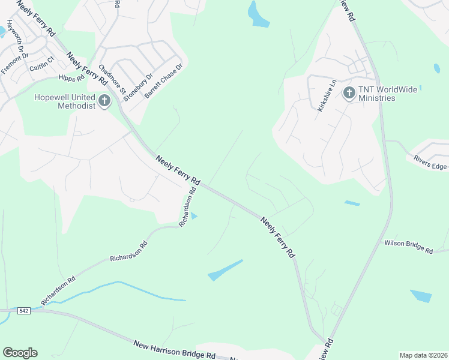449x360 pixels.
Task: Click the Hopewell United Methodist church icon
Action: pyautogui.click(x=104, y=101)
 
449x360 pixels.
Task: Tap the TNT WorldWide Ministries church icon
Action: pyautogui.click(x=349, y=93)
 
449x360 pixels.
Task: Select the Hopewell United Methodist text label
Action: pyautogui.click(x=65, y=101)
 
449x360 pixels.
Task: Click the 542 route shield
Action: pyautogui.click(x=23, y=311)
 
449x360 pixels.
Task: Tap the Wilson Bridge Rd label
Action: pyautogui.click(x=409, y=247)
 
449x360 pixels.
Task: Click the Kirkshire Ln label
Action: pyautogui.click(x=326, y=95)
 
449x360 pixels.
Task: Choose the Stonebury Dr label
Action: pyautogui.click(x=141, y=86)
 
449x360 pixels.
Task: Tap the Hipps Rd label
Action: pyautogui.click(x=71, y=78)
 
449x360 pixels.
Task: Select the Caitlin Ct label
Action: pyautogui.click(x=42, y=64)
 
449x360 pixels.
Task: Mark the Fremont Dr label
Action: pyautogui.click(x=15, y=64)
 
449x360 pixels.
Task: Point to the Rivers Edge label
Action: pyautogui.click(x=430, y=161)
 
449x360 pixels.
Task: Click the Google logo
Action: pyautogui.click(x=20, y=353)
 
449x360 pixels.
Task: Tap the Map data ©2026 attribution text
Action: pyautogui.click(x=423, y=355)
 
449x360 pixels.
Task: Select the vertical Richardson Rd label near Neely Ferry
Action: pyautogui.click(x=188, y=207)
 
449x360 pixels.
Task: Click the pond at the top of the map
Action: pyautogui.click(x=258, y=15)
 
